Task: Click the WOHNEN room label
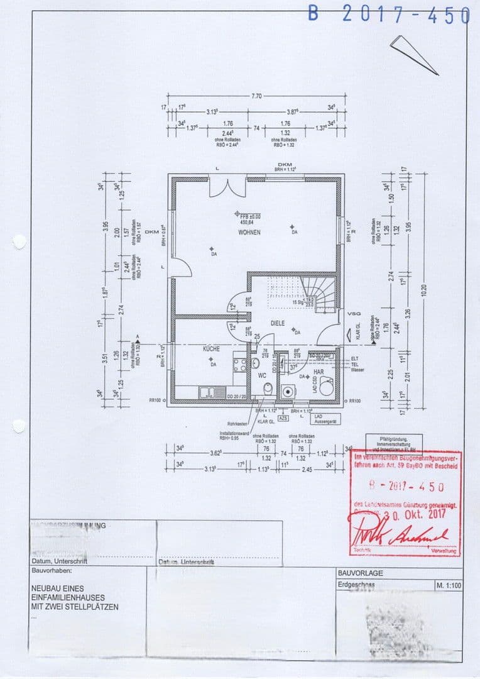click(x=249, y=233)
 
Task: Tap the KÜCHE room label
click(x=210, y=348)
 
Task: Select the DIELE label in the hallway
click(x=278, y=323)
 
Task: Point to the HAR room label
click(x=319, y=372)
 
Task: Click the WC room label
click(x=262, y=375)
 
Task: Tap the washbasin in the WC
click(x=255, y=363)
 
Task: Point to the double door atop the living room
click(x=227, y=187)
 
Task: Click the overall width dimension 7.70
click(x=256, y=96)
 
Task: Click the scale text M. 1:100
click(x=449, y=586)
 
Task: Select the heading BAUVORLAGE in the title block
click(x=360, y=573)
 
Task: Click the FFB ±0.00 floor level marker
click(x=254, y=216)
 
